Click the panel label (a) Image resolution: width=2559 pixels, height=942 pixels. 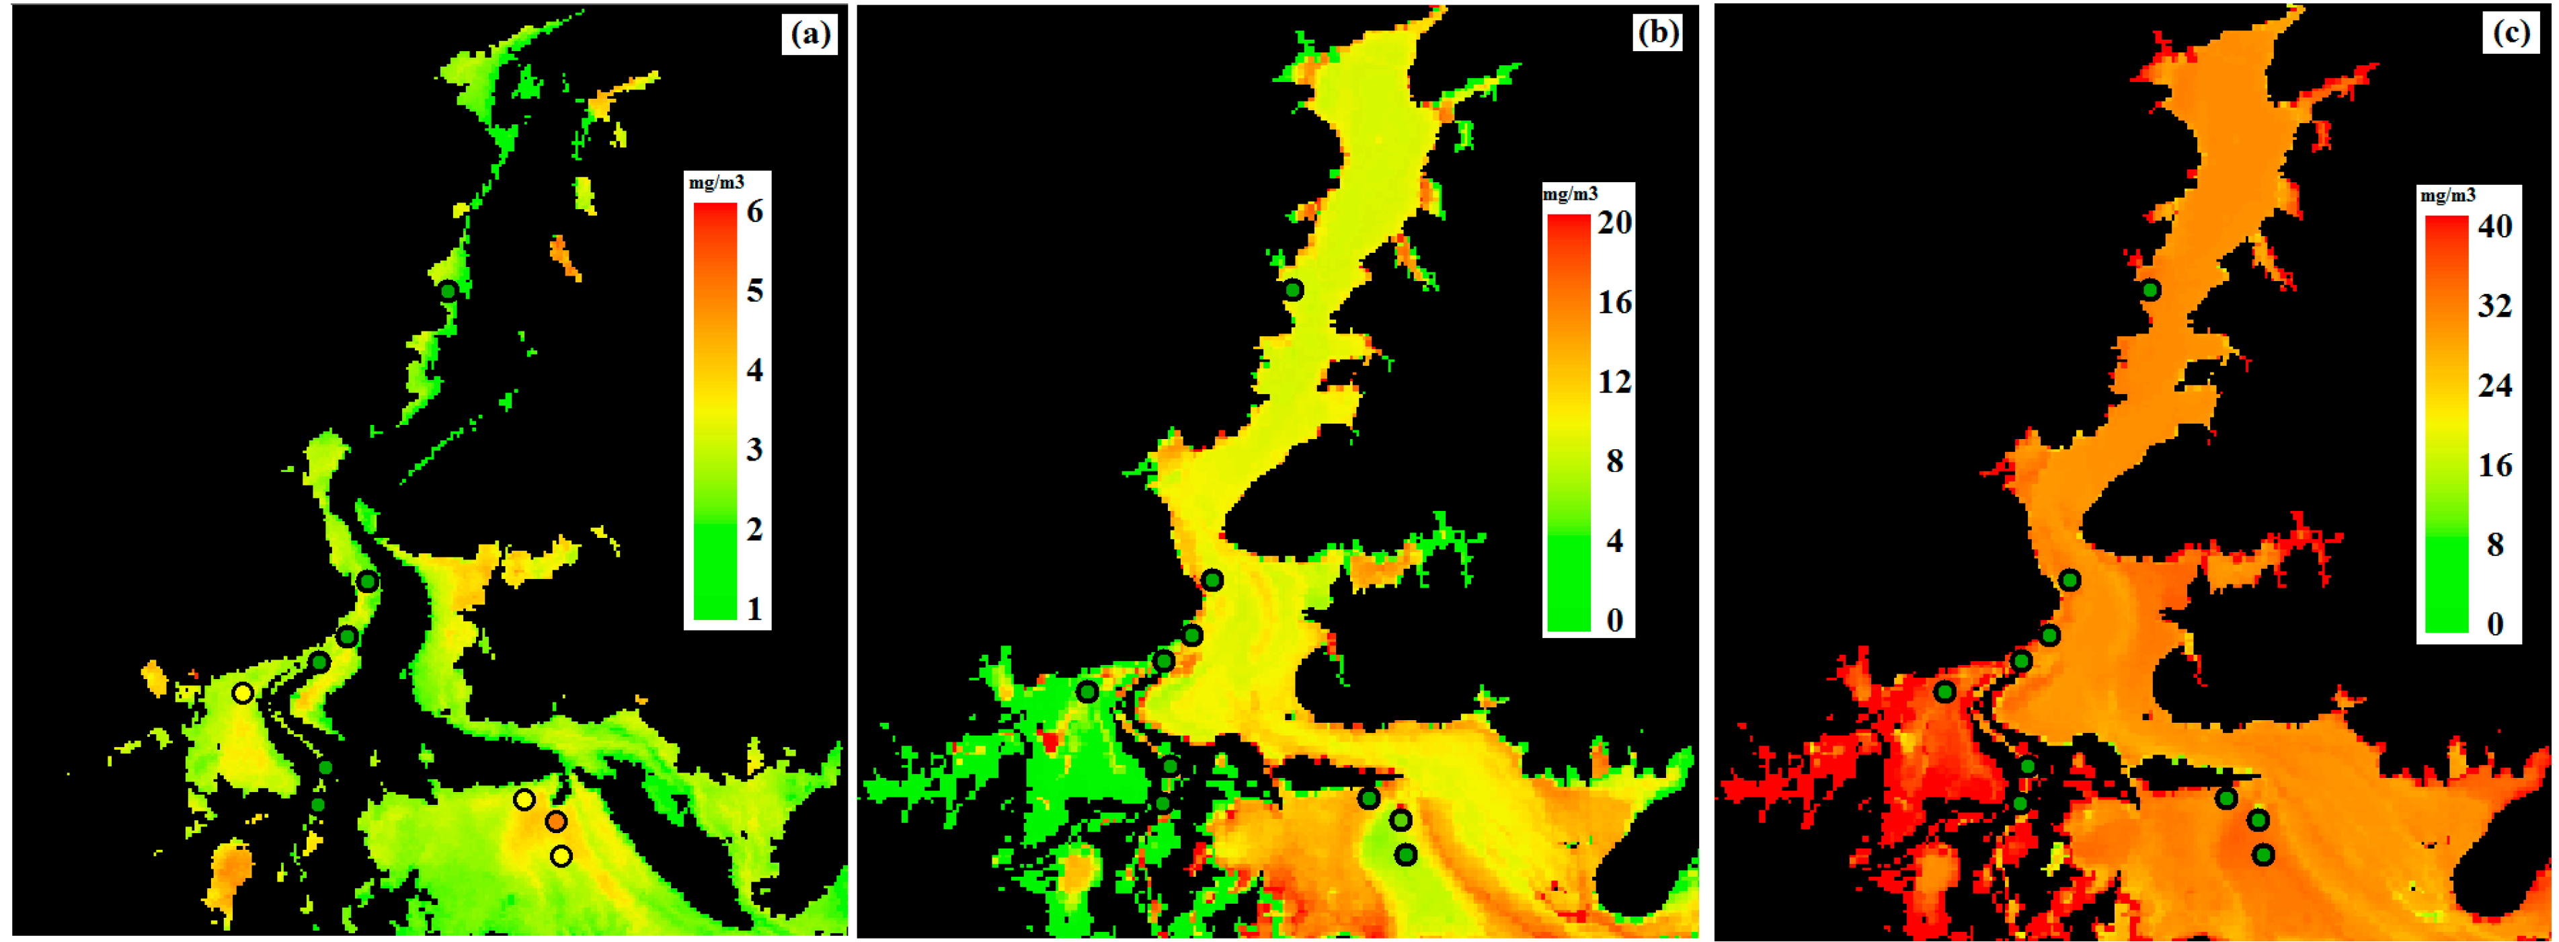pos(809,35)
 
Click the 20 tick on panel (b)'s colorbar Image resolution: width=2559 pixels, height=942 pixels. pos(1614,222)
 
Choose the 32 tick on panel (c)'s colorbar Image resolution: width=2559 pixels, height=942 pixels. pos(2494,306)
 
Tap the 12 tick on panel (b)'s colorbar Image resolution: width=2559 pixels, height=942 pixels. pos(1614,381)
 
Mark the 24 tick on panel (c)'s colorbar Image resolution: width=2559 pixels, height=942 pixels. pos(2494,385)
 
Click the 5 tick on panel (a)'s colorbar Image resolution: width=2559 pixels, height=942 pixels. pos(755,291)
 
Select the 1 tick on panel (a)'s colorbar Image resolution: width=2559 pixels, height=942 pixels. pos(755,608)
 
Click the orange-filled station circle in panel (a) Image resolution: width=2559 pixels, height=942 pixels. pos(555,821)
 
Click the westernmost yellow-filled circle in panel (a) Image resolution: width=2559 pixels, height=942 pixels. pos(243,693)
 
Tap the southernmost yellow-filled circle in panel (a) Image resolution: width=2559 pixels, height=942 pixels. pos(561,855)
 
